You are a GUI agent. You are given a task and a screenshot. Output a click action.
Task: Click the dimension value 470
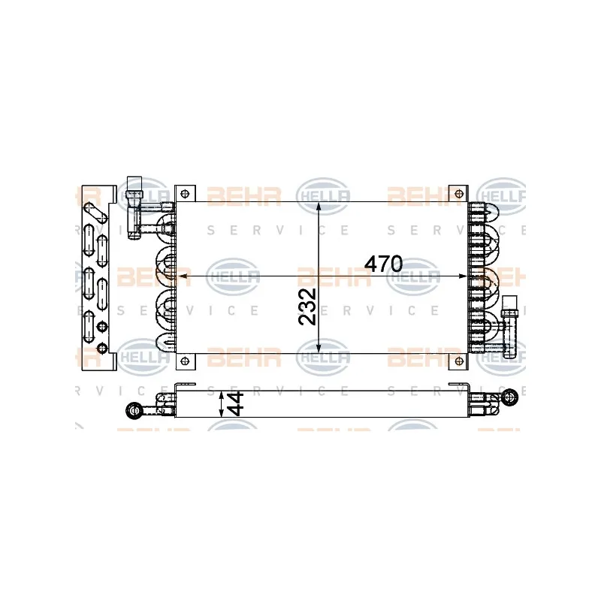(383, 264)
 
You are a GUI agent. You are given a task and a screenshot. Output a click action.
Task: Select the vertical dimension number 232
(307, 307)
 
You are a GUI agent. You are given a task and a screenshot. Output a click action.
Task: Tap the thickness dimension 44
(235, 403)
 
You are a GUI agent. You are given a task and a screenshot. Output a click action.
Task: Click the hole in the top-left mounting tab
(185, 194)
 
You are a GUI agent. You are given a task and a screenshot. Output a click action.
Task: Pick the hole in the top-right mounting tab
(458, 194)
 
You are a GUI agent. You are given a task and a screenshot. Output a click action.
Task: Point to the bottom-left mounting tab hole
(185, 361)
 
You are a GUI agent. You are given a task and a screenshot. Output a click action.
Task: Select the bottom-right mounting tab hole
(458, 361)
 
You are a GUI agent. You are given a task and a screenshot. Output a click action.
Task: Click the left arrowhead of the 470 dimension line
(183, 276)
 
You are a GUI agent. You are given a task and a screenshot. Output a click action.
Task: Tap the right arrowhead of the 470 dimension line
(462, 276)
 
